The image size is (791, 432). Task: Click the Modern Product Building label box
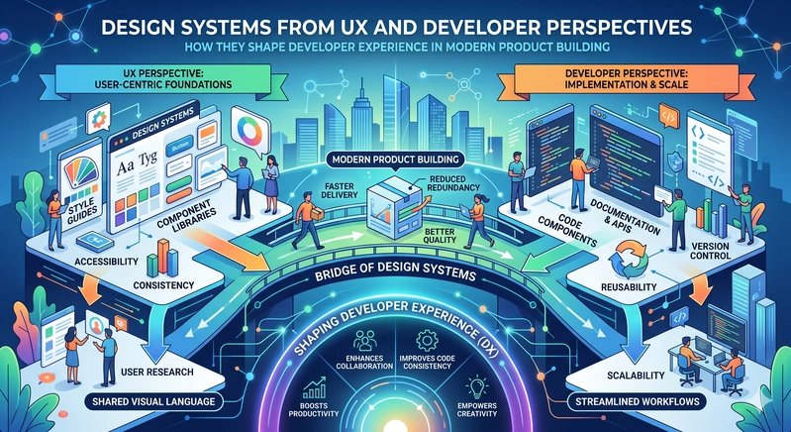coord(396,160)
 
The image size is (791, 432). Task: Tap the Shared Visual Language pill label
coord(153,401)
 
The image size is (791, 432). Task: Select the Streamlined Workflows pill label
coord(638,401)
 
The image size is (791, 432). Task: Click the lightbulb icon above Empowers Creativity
coord(476,386)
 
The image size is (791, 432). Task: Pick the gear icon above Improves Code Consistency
coord(428,341)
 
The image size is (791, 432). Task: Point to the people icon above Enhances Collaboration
coord(364,341)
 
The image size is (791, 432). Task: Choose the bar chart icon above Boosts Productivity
coord(313,387)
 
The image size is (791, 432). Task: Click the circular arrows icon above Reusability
coord(628,259)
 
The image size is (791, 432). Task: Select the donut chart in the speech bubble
coord(249,130)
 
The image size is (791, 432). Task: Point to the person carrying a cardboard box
coord(308,220)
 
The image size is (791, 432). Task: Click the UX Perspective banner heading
coord(162,78)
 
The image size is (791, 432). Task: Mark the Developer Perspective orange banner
coord(627,78)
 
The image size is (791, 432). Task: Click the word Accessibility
coord(106,262)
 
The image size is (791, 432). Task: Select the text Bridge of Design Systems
coord(395,273)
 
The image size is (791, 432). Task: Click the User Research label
coord(156,372)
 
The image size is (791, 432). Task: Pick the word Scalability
coord(636,375)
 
